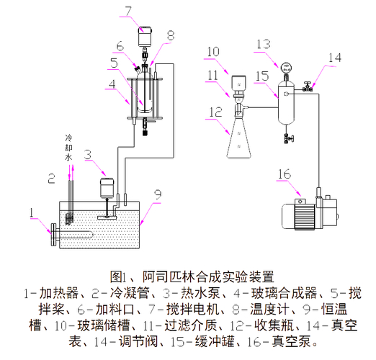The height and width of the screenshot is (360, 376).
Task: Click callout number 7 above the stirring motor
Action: pos(128,11)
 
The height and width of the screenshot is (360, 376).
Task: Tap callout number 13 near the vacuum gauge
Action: pos(264,44)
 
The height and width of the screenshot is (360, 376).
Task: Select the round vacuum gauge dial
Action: pos(286,68)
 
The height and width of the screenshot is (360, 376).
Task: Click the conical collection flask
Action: pos(239,137)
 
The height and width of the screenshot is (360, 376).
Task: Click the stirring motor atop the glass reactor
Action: pos(145,36)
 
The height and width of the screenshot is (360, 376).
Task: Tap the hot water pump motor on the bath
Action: pos(107,188)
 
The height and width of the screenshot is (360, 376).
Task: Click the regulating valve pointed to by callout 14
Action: pos(307,87)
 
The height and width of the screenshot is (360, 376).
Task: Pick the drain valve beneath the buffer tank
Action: pos(288,138)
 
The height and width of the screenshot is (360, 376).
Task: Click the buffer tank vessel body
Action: pos(286,103)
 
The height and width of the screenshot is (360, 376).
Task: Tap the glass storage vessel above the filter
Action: pos(238,84)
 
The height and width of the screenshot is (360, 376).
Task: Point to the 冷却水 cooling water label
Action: pos(68,148)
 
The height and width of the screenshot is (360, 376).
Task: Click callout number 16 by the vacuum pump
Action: pos(285,174)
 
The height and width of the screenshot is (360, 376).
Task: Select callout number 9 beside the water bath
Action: pos(158,194)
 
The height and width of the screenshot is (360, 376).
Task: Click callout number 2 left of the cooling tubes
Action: pos(51,179)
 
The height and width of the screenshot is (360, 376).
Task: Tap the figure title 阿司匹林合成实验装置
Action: pos(209,276)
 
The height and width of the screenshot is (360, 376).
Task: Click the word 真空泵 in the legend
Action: pos(291,341)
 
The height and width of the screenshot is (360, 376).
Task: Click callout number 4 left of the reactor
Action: pos(112,84)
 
